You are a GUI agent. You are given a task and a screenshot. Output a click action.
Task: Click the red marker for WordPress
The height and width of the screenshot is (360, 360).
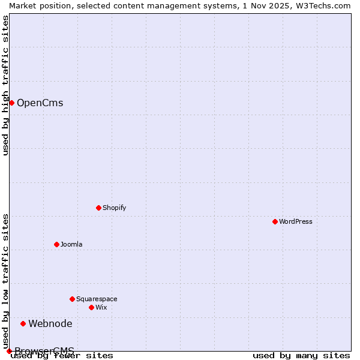(x=275, y=221)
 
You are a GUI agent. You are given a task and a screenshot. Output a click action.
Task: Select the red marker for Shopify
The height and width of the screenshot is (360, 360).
(x=98, y=208)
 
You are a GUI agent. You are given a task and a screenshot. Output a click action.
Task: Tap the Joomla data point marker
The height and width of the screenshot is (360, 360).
(x=56, y=244)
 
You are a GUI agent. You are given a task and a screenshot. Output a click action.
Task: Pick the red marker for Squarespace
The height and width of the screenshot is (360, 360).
(x=72, y=299)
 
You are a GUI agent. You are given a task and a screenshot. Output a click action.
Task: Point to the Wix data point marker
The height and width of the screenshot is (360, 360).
(x=91, y=307)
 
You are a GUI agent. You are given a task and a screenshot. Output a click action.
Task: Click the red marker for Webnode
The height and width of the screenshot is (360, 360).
(x=23, y=323)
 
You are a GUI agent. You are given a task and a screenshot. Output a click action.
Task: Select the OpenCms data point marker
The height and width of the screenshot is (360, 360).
(x=11, y=103)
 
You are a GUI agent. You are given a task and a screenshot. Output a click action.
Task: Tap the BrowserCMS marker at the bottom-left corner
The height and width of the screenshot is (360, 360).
(x=9, y=351)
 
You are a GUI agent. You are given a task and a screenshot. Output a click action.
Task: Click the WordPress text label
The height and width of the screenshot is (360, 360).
(x=296, y=221)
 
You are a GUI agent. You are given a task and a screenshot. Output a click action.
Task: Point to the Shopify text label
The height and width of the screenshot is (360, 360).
(x=115, y=208)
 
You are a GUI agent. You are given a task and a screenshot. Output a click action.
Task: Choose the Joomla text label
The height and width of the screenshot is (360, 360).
(x=71, y=244)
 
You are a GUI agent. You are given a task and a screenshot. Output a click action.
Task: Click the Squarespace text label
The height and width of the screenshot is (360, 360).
(x=97, y=299)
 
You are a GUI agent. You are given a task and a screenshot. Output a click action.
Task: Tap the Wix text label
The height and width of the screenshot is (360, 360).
(x=101, y=307)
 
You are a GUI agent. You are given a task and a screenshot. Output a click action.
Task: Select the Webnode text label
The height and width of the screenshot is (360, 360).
(x=50, y=323)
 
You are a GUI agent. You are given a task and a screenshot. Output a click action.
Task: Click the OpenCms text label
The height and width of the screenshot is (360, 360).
(x=40, y=103)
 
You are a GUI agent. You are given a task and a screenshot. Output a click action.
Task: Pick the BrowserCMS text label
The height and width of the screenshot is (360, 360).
(x=44, y=350)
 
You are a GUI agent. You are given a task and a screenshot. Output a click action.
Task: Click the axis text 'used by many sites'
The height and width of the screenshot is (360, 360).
(x=301, y=356)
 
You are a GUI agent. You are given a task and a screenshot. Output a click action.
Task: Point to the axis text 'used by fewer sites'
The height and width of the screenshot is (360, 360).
(x=62, y=356)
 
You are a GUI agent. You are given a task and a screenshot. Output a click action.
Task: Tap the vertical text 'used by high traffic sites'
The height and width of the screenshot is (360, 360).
(x=5, y=85)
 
